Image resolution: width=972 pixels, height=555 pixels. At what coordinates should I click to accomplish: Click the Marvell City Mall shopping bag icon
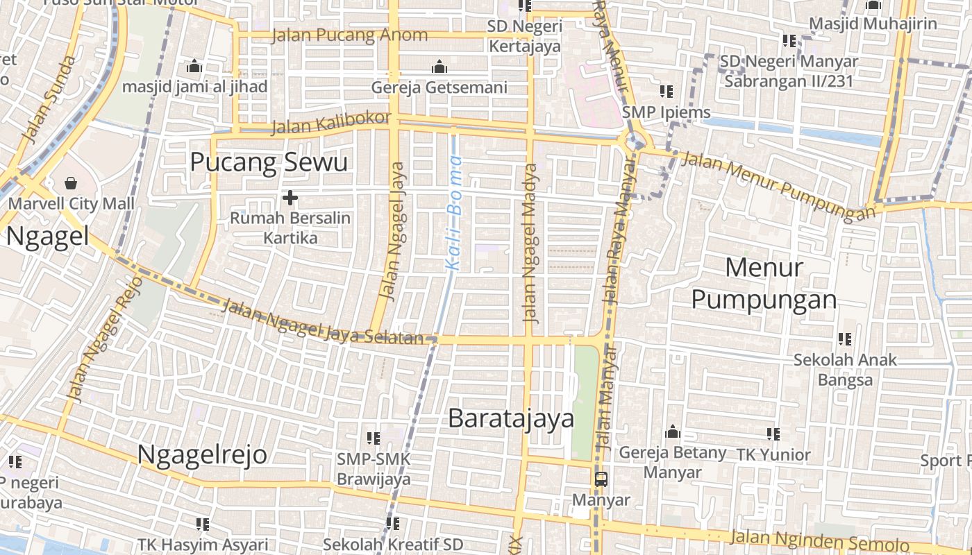[70, 183]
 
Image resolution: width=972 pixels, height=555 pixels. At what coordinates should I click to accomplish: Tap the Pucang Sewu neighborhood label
[268, 162]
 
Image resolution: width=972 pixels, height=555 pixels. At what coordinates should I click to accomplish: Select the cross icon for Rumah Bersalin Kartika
[290, 198]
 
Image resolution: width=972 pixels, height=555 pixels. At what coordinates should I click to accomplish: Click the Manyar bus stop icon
[601, 479]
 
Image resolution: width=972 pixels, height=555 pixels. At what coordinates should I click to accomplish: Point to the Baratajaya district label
[511, 418]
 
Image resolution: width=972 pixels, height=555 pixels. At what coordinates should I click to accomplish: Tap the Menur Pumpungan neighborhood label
[764, 283]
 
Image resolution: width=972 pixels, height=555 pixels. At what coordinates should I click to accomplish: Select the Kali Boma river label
[454, 212]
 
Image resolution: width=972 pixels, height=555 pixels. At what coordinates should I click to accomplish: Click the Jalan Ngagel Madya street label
[531, 243]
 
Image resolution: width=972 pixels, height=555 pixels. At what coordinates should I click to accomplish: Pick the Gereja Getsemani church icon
[439, 67]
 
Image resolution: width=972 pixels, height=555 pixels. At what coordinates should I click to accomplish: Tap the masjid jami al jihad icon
[194, 67]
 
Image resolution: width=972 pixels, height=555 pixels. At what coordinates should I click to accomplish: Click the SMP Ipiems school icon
[667, 92]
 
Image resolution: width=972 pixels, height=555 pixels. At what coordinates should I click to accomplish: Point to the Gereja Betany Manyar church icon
[672, 432]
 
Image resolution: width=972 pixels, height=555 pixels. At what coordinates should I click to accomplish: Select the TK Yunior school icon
[773, 434]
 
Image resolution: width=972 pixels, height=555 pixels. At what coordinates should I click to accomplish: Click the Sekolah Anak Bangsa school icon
[845, 339]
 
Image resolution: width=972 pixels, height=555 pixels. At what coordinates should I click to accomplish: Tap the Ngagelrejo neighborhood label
[202, 454]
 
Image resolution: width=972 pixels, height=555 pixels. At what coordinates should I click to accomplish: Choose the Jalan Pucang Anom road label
[349, 35]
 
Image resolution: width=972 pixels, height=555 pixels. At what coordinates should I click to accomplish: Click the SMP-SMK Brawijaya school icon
[374, 438]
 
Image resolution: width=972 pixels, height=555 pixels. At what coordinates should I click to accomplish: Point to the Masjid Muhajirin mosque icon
[873, 6]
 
